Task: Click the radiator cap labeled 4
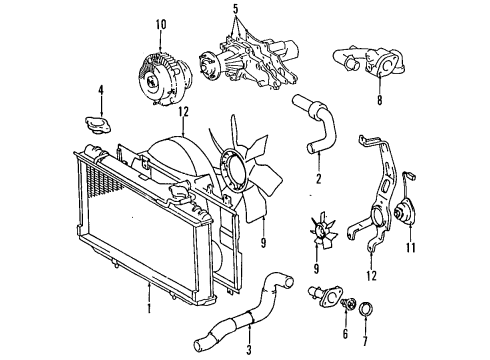point(100,124)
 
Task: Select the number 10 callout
point(161,23)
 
